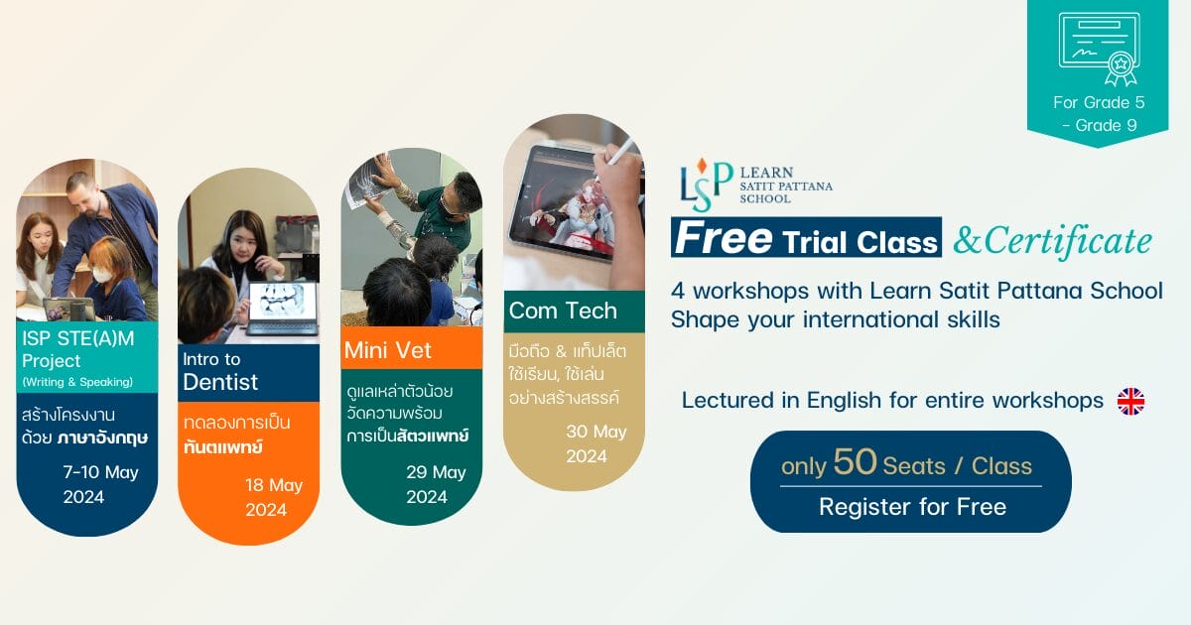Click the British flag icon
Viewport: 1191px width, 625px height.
click(1130, 401)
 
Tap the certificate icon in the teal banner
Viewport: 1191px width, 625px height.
click(1100, 49)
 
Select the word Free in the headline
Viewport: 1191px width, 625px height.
click(724, 238)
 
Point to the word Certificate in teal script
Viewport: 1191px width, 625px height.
click(1068, 242)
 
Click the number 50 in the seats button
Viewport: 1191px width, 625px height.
click(855, 461)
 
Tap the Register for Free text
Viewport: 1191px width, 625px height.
click(912, 507)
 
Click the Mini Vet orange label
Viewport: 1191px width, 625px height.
click(412, 348)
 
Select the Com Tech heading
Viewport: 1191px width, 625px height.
click(563, 311)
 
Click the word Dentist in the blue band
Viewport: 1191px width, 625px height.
click(220, 382)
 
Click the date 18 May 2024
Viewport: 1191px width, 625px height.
click(273, 497)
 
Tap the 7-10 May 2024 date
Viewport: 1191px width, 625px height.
click(100, 485)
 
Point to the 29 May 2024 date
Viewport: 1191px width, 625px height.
click(436, 485)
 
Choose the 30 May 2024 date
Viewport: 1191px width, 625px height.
click(596, 443)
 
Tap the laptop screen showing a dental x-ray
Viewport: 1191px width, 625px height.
click(282, 302)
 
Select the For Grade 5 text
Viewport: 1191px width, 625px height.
click(1099, 102)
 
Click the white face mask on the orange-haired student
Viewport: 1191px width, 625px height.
click(102, 276)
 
